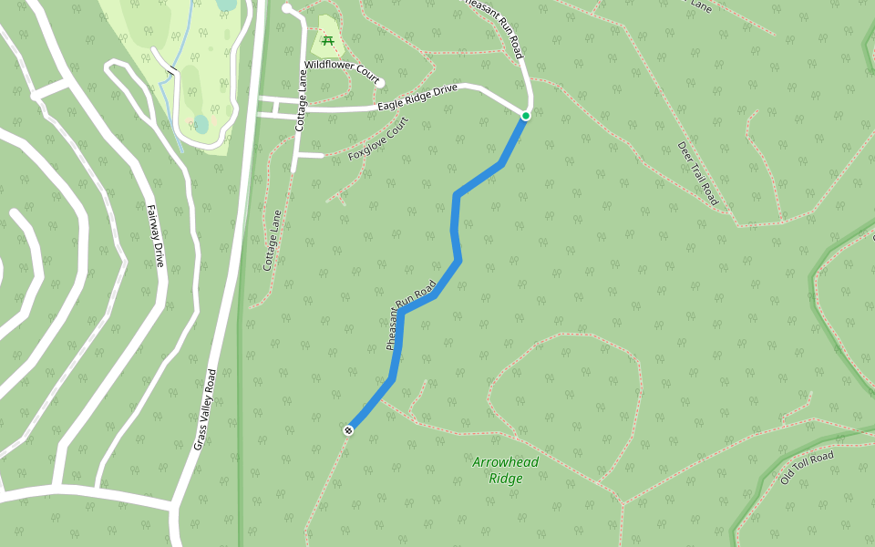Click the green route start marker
526,116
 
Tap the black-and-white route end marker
348,430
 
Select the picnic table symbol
327,40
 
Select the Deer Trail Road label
698,173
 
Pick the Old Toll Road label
807,467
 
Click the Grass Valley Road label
204,409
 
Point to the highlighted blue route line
456,228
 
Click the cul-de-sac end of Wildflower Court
379,83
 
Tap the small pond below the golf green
201,124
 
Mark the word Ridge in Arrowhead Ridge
506,479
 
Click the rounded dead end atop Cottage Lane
286,8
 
